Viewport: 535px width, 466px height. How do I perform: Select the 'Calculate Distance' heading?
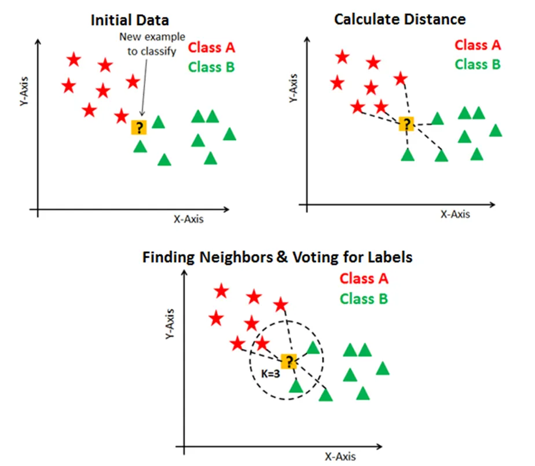click(x=400, y=19)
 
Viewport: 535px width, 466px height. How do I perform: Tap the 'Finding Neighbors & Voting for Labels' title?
click(x=277, y=256)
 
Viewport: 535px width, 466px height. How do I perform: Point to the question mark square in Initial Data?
click(x=139, y=127)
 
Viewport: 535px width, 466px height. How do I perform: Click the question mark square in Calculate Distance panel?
click(x=407, y=124)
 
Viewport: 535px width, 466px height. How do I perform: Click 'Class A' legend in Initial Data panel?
click(x=212, y=46)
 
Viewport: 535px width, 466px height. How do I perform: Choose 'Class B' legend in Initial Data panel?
click(x=212, y=67)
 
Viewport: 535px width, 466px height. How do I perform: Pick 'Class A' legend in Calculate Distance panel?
click(x=478, y=45)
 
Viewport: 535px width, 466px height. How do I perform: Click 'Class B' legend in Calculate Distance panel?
click(x=478, y=64)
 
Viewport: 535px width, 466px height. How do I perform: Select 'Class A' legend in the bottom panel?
click(x=364, y=278)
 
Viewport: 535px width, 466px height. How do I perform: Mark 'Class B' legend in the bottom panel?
click(x=364, y=299)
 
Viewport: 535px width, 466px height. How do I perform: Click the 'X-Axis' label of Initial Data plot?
click(x=189, y=219)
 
